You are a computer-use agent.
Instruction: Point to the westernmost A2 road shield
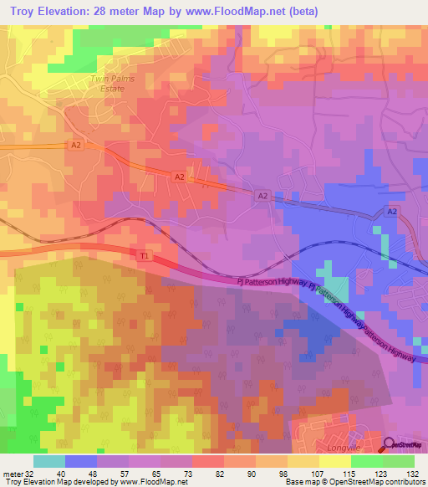tap(76, 145)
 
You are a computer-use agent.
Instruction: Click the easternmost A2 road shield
tap(393, 213)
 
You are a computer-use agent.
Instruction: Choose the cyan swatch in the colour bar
tap(49, 461)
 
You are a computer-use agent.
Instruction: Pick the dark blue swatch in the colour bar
tap(81, 461)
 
